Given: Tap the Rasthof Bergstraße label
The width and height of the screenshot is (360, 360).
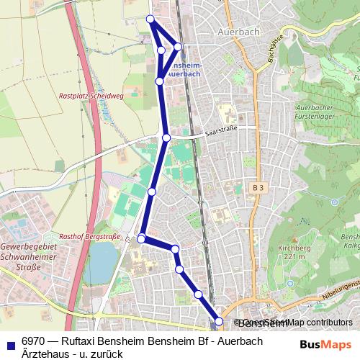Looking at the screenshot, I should pos(90,235).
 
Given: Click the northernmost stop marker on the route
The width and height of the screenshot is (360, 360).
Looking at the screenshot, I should pos(150,19).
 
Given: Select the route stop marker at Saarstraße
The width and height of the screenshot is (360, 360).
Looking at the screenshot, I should pos(166,137).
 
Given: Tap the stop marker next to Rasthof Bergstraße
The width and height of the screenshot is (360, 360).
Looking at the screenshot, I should pos(142,238).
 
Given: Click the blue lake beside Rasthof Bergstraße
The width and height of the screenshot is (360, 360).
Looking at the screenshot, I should pos(102,260).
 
